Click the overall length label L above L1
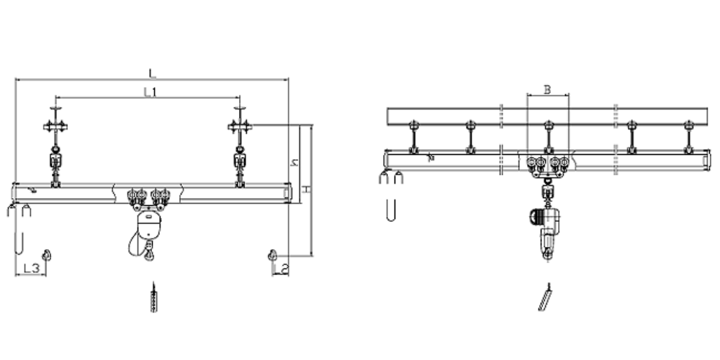point(153,73)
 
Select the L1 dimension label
point(150,92)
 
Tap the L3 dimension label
point(31,268)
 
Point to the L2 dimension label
point(284,269)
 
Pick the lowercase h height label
point(294,162)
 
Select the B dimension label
point(547,89)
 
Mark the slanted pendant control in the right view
point(545,297)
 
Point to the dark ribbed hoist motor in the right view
point(535,216)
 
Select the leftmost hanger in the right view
point(414,137)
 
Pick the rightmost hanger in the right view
point(688,137)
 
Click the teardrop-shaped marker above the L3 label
point(46,256)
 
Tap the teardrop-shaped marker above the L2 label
point(272,256)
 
